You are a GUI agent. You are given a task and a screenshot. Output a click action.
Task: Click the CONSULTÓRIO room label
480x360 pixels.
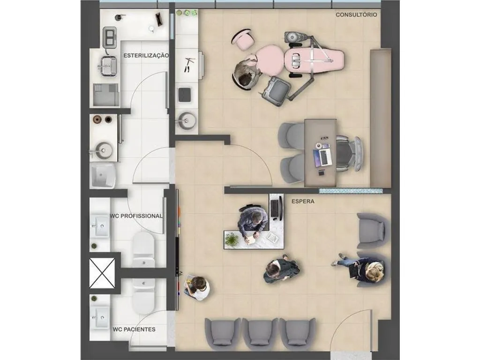(x=356, y=15)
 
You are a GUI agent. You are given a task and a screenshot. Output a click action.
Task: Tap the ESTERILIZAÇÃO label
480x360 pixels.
(x=146, y=56)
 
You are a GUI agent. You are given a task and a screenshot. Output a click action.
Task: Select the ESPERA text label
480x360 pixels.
(x=303, y=202)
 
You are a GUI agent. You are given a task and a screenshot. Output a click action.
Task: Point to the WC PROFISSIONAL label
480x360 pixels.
(x=136, y=216)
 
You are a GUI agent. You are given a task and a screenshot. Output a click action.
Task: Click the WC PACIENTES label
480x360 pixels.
(x=134, y=330)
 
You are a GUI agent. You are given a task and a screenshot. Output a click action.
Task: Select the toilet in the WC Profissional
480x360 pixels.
(x=143, y=248)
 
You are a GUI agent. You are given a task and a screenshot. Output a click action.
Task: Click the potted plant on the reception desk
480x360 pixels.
(x=232, y=239)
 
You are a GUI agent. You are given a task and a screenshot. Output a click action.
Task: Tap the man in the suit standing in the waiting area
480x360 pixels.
(x=281, y=269)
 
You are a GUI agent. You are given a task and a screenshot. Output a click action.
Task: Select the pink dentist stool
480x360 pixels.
(x=243, y=39)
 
